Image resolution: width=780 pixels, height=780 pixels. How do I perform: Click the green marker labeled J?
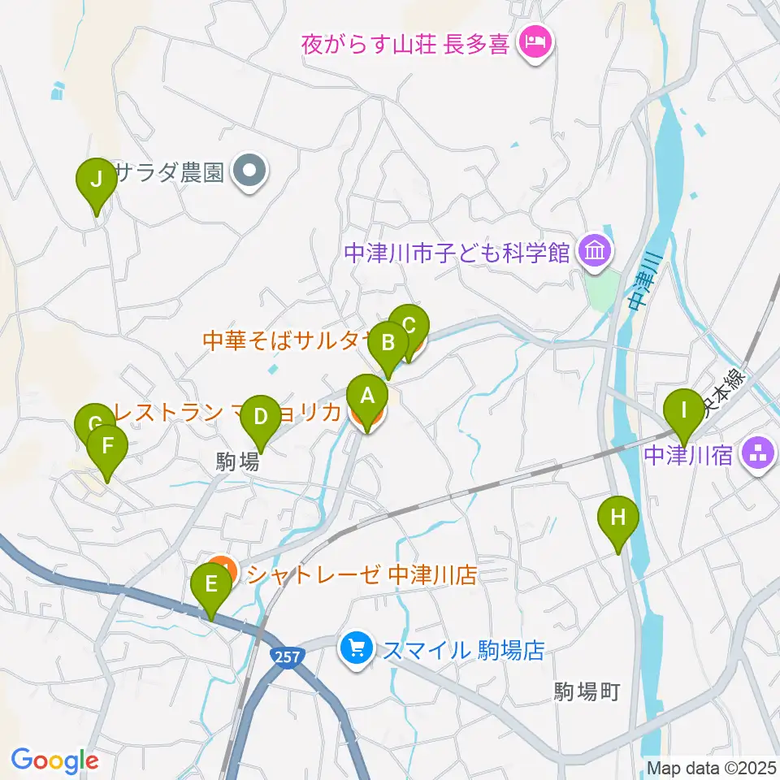pos(96,179)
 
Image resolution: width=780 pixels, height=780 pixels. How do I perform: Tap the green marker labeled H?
pos(617,517)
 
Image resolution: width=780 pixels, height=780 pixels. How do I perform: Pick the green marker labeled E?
pos(211,585)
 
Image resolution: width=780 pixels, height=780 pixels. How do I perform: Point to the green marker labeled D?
pos(260,417)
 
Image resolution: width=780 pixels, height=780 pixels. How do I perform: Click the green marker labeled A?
pos(367,397)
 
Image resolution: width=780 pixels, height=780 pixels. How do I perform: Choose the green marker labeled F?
pos(106,445)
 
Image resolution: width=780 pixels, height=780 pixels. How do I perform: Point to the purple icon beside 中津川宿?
pos(760,453)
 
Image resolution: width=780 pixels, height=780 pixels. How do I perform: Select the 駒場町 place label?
pos(587,691)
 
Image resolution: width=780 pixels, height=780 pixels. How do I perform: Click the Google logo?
pos(55,760)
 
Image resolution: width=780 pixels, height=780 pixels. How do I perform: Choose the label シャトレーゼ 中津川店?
pos(362,575)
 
